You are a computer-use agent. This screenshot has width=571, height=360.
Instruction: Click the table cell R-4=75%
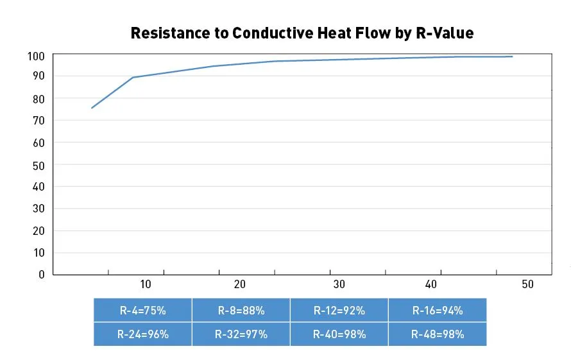pyautogui.click(x=142, y=310)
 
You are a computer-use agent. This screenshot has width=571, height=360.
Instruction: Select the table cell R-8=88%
pyautogui.click(x=241, y=310)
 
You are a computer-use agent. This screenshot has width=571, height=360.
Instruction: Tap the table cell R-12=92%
pyautogui.click(x=339, y=310)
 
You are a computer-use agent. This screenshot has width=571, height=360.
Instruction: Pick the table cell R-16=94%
pyautogui.click(x=437, y=310)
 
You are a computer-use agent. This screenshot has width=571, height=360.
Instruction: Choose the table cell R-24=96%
pyautogui.click(x=142, y=334)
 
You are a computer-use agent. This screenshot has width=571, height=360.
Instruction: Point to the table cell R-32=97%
pyautogui.click(x=241, y=334)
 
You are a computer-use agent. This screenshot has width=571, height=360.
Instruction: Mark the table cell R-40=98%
pyautogui.click(x=339, y=334)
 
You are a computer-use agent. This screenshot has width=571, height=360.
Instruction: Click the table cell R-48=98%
pyautogui.click(x=437, y=334)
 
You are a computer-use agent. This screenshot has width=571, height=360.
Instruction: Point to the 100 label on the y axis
pyautogui.click(x=35, y=56)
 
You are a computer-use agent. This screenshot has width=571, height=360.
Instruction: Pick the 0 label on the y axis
pyautogui.click(x=41, y=275)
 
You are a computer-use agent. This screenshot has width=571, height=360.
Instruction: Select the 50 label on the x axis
pyautogui.click(x=527, y=284)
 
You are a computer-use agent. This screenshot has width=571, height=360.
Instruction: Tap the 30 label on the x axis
pyautogui.click(x=338, y=284)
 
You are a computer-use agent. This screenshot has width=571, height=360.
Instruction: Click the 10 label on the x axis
pyautogui.click(x=145, y=284)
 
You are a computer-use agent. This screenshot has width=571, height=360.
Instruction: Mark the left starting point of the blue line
pyautogui.click(x=92, y=108)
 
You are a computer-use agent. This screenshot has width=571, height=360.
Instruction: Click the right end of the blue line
pyautogui.click(x=512, y=56)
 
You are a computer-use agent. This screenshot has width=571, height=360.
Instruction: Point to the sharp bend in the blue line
pyautogui.click(x=133, y=78)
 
